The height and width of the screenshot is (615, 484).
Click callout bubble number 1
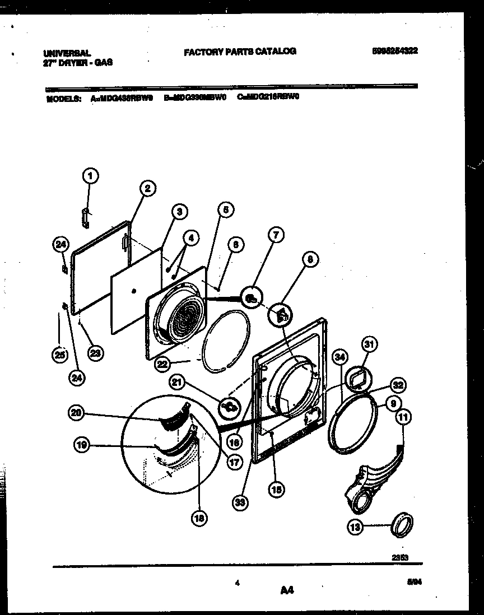89,176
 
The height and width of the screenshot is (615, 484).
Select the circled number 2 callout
147,189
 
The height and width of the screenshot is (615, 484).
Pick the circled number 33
240,502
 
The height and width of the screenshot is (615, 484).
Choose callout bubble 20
75,413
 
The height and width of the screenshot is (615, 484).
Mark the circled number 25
59,354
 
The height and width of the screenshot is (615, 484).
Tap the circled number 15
276,490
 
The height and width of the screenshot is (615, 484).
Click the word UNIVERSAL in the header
67,52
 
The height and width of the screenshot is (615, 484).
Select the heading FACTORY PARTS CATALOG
240,52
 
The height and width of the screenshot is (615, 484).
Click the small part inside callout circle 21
230,406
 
